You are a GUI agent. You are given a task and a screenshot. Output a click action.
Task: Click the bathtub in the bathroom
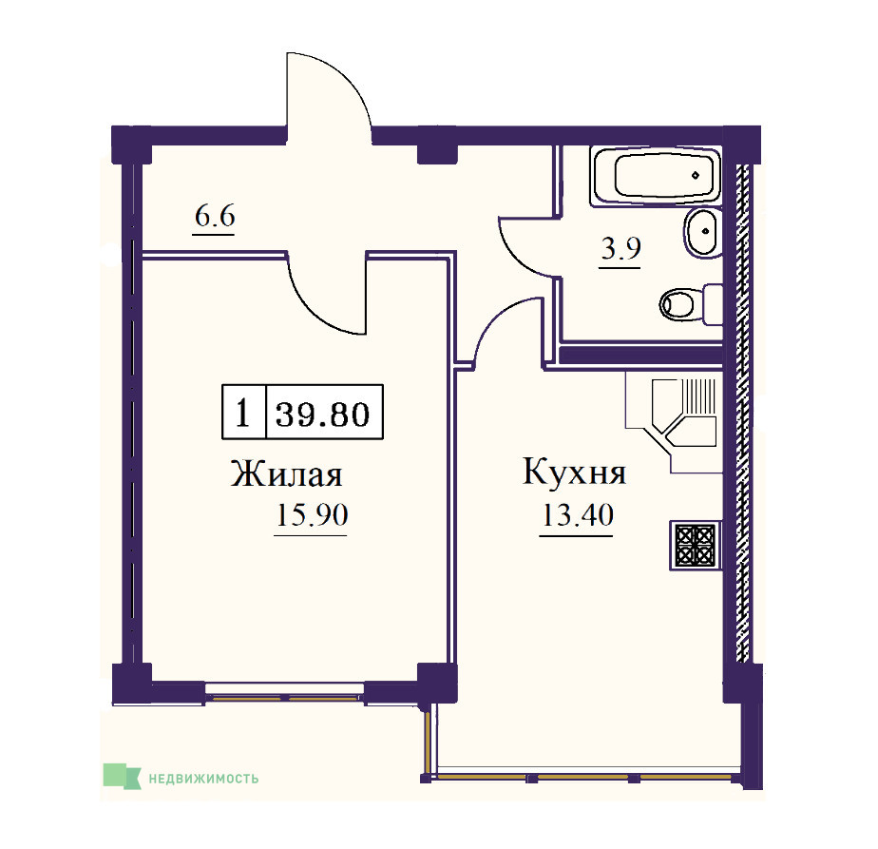pyautogui.click(x=655, y=176)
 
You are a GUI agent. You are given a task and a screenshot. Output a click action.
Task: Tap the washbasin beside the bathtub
pyautogui.click(x=702, y=232)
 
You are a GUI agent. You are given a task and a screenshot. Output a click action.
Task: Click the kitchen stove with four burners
pyautogui.click(x=696, y=546)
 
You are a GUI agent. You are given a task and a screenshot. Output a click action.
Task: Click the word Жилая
pyautogui.click(x=286, y=474)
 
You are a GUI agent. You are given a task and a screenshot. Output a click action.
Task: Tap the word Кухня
pyautogui.click(x=575, y=472)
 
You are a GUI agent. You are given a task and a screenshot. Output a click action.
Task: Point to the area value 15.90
pyautogui.click(x=312, y=514)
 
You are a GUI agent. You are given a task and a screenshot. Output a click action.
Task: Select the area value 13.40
pyautogui.click(x=578, y=514)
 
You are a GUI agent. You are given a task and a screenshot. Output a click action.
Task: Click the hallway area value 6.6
pyautogui.click(x=215, y=216)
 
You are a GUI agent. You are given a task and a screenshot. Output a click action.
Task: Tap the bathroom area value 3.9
pyautogui.click(x=620, y=248)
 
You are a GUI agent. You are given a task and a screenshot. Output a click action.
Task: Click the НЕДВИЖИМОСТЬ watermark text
pyautogui.click(x=203, y=779)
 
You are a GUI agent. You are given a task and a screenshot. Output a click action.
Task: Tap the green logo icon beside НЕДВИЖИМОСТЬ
pyautogui.click(x=122, y=776)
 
